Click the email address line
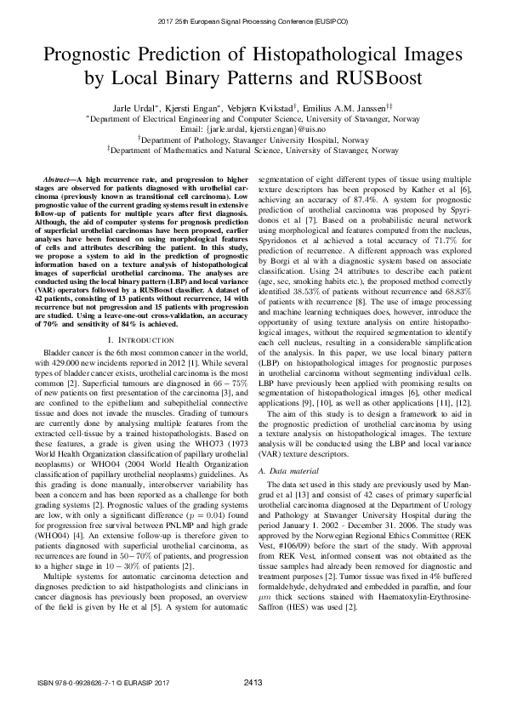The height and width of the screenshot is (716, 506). [x=253, y=130]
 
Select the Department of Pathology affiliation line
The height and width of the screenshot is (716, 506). [x=253, y=140]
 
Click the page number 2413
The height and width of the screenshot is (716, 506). [x=253, y=682]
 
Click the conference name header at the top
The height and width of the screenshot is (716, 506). [x=253, y=18]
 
